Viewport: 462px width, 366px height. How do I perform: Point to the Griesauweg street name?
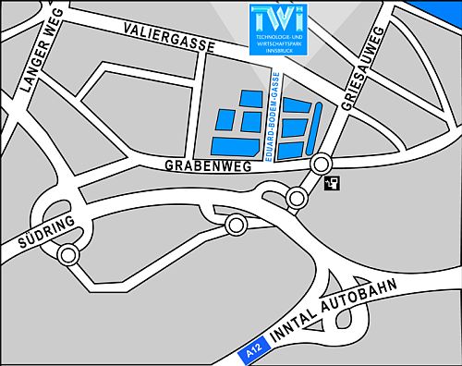(x=363, y=69)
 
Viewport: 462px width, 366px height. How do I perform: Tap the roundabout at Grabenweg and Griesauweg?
(x=321, y=165)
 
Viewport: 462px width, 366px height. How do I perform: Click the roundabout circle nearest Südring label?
(x=67, y=255)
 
